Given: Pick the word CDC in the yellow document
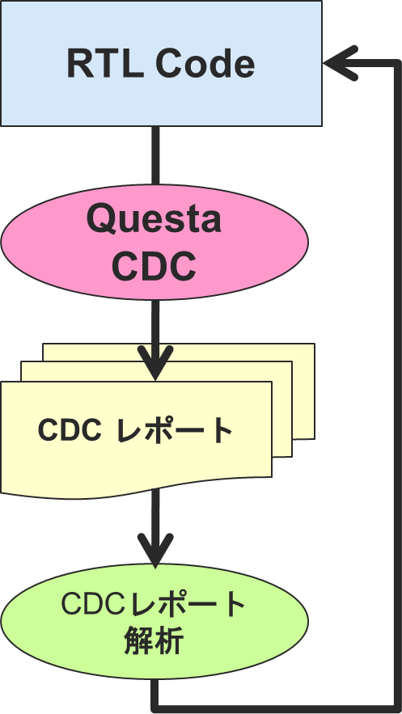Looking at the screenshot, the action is tap(70, 429).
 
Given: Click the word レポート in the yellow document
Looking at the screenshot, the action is tap(175, 430).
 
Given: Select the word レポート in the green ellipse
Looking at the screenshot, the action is tap(188, 605).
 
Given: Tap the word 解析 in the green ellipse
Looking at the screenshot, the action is tap(154, 640).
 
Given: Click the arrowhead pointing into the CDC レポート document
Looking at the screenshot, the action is tap(155, 363).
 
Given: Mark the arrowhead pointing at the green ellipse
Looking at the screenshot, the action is tap(155, 551).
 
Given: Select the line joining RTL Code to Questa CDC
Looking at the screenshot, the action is tap(155, 155).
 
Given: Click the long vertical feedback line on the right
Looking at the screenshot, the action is tap(396, 387).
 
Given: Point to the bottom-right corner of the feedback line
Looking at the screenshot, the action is tap(396, 708).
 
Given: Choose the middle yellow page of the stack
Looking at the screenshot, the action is tap(281, 410).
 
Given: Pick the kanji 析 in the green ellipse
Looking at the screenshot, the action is tap(169, 640).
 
